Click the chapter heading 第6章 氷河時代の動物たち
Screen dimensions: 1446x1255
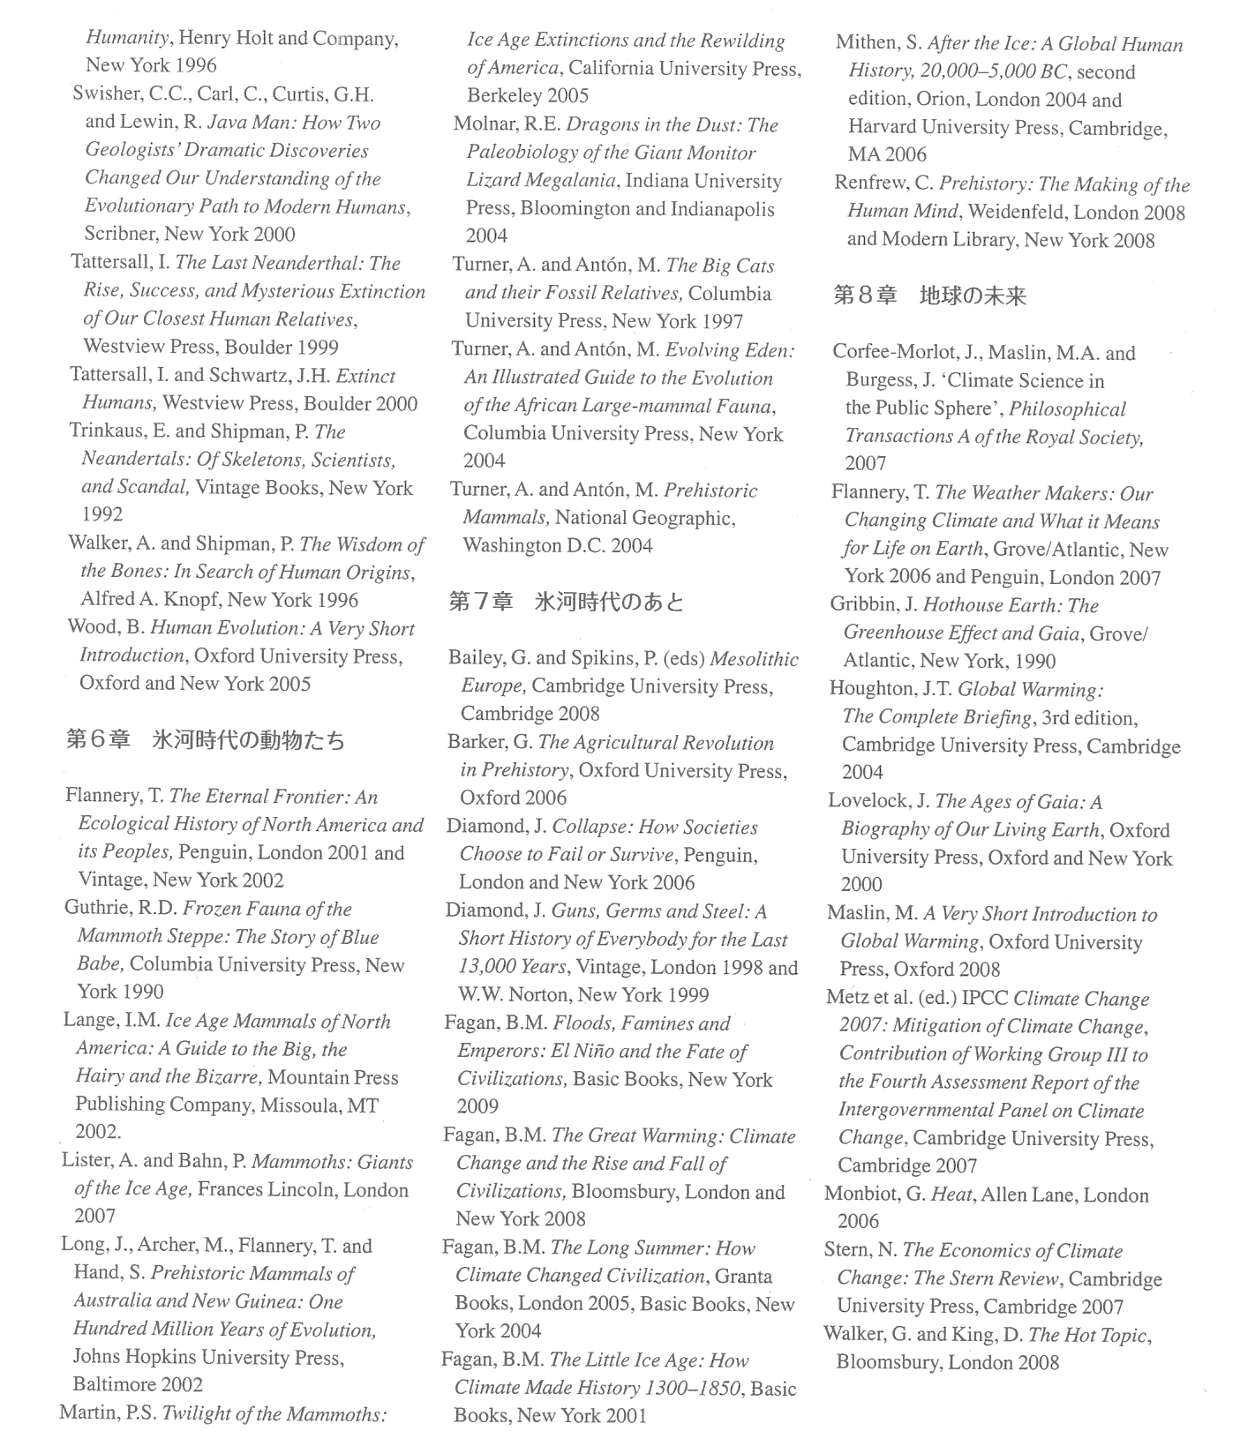[x=206, y=739]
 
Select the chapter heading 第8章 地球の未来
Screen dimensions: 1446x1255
[x=930, y=296]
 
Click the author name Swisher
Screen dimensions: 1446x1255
[x=106, y=94]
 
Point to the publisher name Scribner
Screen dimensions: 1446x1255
[x=121, y=234]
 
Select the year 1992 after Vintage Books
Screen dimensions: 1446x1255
[x=102, y=514]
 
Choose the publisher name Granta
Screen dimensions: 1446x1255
[x=743, y=1276]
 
